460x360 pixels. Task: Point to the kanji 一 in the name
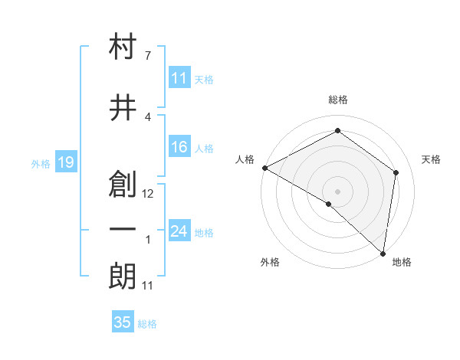[x=123, y=230]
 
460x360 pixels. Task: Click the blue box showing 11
[x=179, y=78]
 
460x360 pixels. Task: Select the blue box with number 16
[x=179, y=147]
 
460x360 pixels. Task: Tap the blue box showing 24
[x=179, y=231]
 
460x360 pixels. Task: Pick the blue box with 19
[x=65, y=162]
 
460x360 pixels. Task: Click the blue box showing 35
[x=123, y=322]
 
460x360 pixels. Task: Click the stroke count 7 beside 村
[x=147, y=55]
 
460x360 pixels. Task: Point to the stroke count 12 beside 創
[x=149, y=194]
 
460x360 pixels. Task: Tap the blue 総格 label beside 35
[x=147, y=324]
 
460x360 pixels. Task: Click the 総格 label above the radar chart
[x=338, y=100]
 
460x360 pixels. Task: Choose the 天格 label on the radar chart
[x=432, y=159]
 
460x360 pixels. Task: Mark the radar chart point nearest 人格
[x=264, y=168]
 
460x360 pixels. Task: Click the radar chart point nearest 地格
[x=383, y=252]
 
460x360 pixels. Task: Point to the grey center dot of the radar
[x=338, y=191]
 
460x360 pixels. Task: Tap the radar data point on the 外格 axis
[x=329, y=204]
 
